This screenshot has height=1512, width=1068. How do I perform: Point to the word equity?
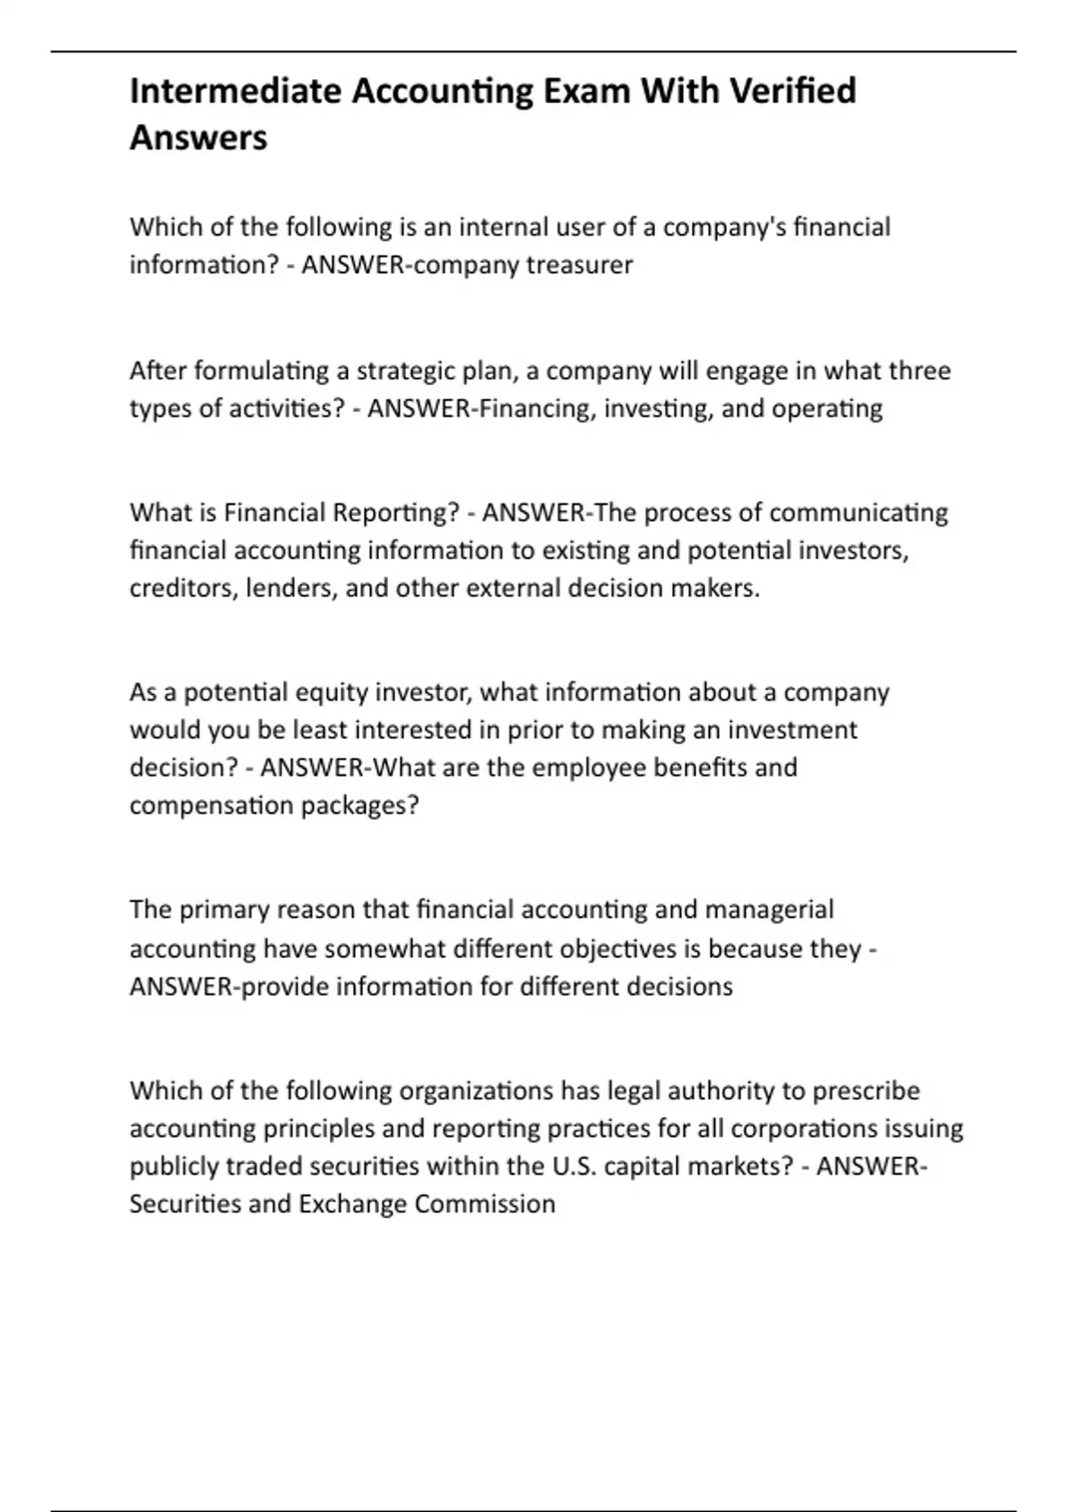[329, 693]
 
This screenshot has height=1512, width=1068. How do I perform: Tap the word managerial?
[769, 910]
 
